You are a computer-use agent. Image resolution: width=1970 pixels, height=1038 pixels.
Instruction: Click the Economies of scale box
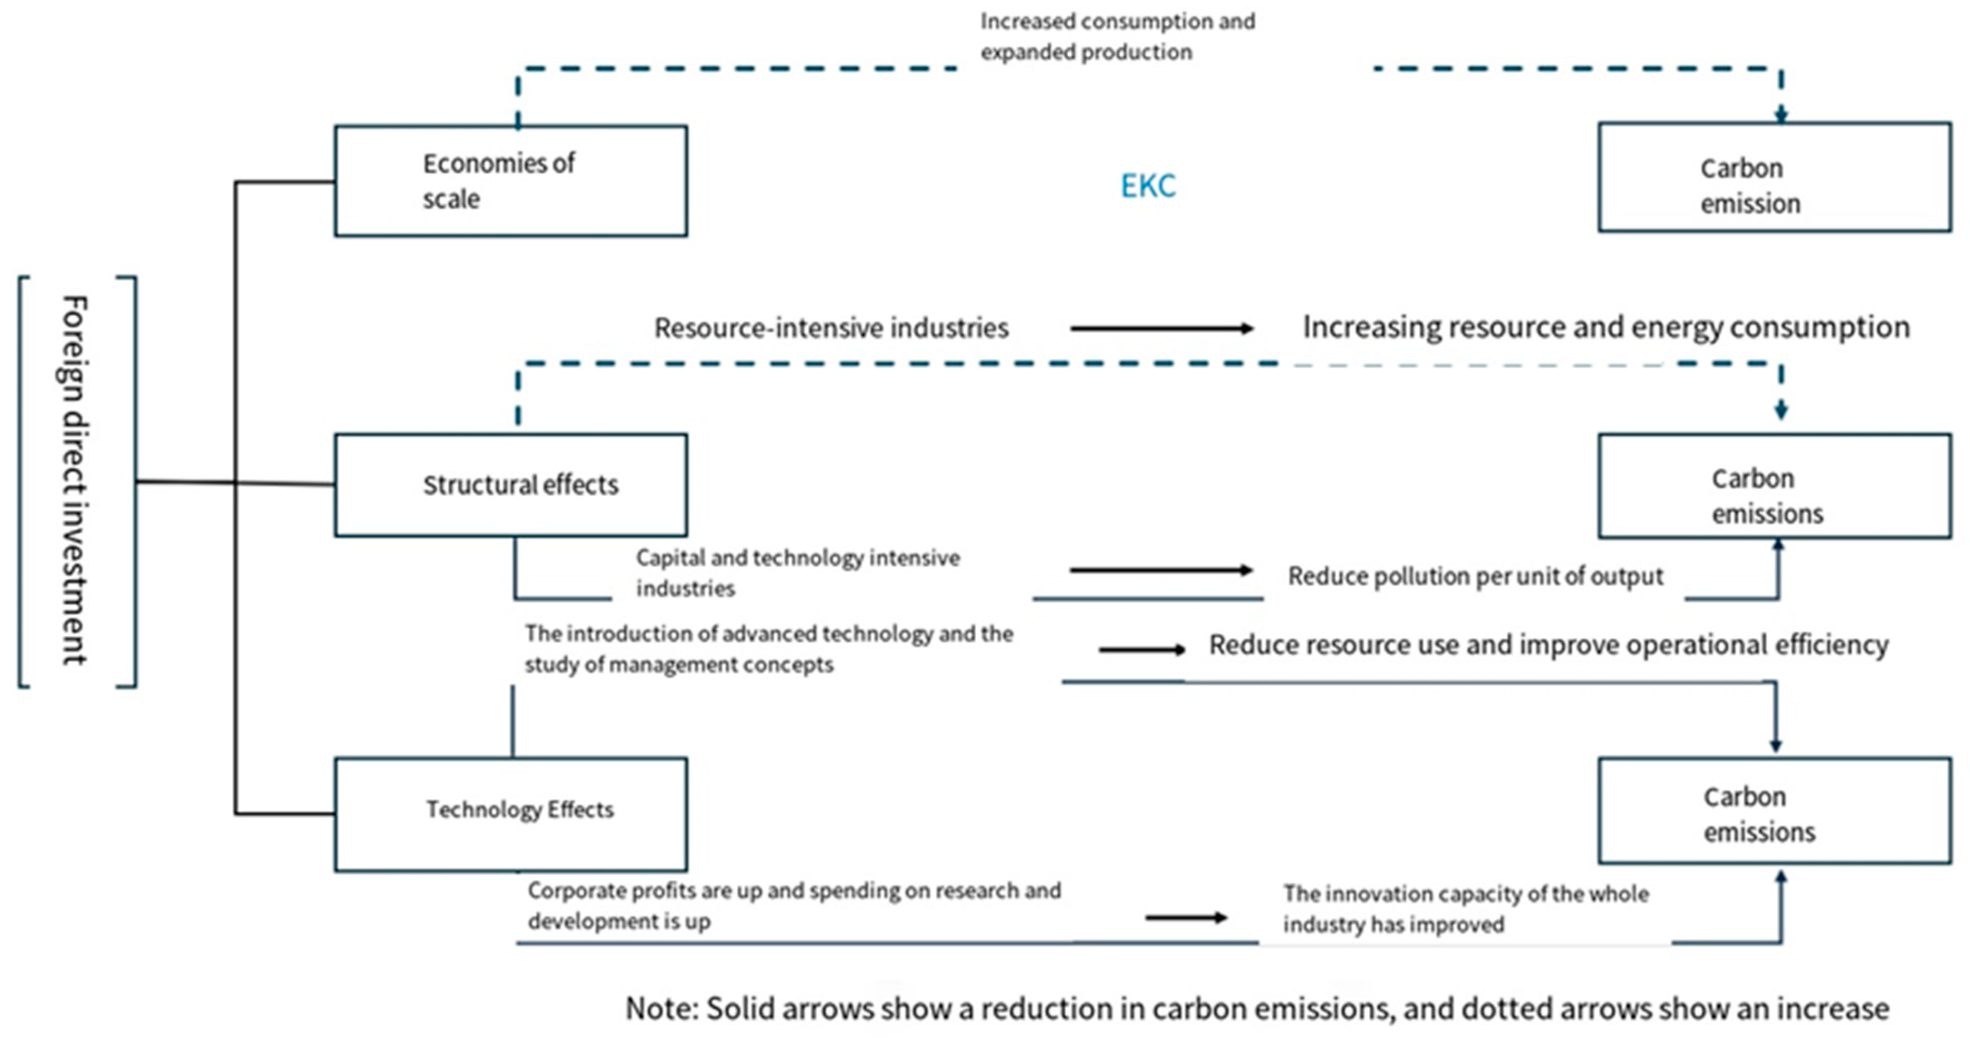pyautogui.click(x=510, y=181)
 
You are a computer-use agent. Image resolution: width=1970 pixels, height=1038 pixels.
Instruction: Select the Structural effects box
pyautogui.click(x=510, y=485)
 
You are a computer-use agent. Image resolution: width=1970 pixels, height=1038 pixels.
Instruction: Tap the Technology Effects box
pyautogui.click(x=510, y=814)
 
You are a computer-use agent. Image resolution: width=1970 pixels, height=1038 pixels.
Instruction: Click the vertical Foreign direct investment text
pyautogui.click(x=75, y=480)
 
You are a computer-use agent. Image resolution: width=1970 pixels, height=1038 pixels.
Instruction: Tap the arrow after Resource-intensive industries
pyautogui.click(x=1161, y=328)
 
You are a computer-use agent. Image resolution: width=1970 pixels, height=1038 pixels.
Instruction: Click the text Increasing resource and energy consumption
pyautogui.click(x=1606, y=327)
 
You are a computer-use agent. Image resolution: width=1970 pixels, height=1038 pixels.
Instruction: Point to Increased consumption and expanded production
pyautogui.click(x=1117, y=37)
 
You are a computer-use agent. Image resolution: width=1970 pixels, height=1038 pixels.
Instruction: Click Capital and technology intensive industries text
pyautogui.click(x=797, y=572)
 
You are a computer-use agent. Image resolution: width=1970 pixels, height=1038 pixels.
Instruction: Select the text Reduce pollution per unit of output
pyautogui.click(x=1475, y=576)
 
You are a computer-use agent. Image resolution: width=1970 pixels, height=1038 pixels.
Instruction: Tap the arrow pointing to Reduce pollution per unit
pyautogui.click(x=1161, y=570)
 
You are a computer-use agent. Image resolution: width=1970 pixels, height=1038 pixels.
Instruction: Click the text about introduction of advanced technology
pyautogui.click(x=769, y=649)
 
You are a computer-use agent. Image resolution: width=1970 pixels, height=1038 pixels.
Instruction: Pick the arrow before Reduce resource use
pyautogui.click(x=1142, y=649)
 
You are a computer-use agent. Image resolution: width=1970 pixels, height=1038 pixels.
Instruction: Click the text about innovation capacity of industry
pyautogui.click(x=1465, y=909)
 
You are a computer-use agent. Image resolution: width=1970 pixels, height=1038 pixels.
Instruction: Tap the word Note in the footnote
pyautogui.click(x=660, y=1009)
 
